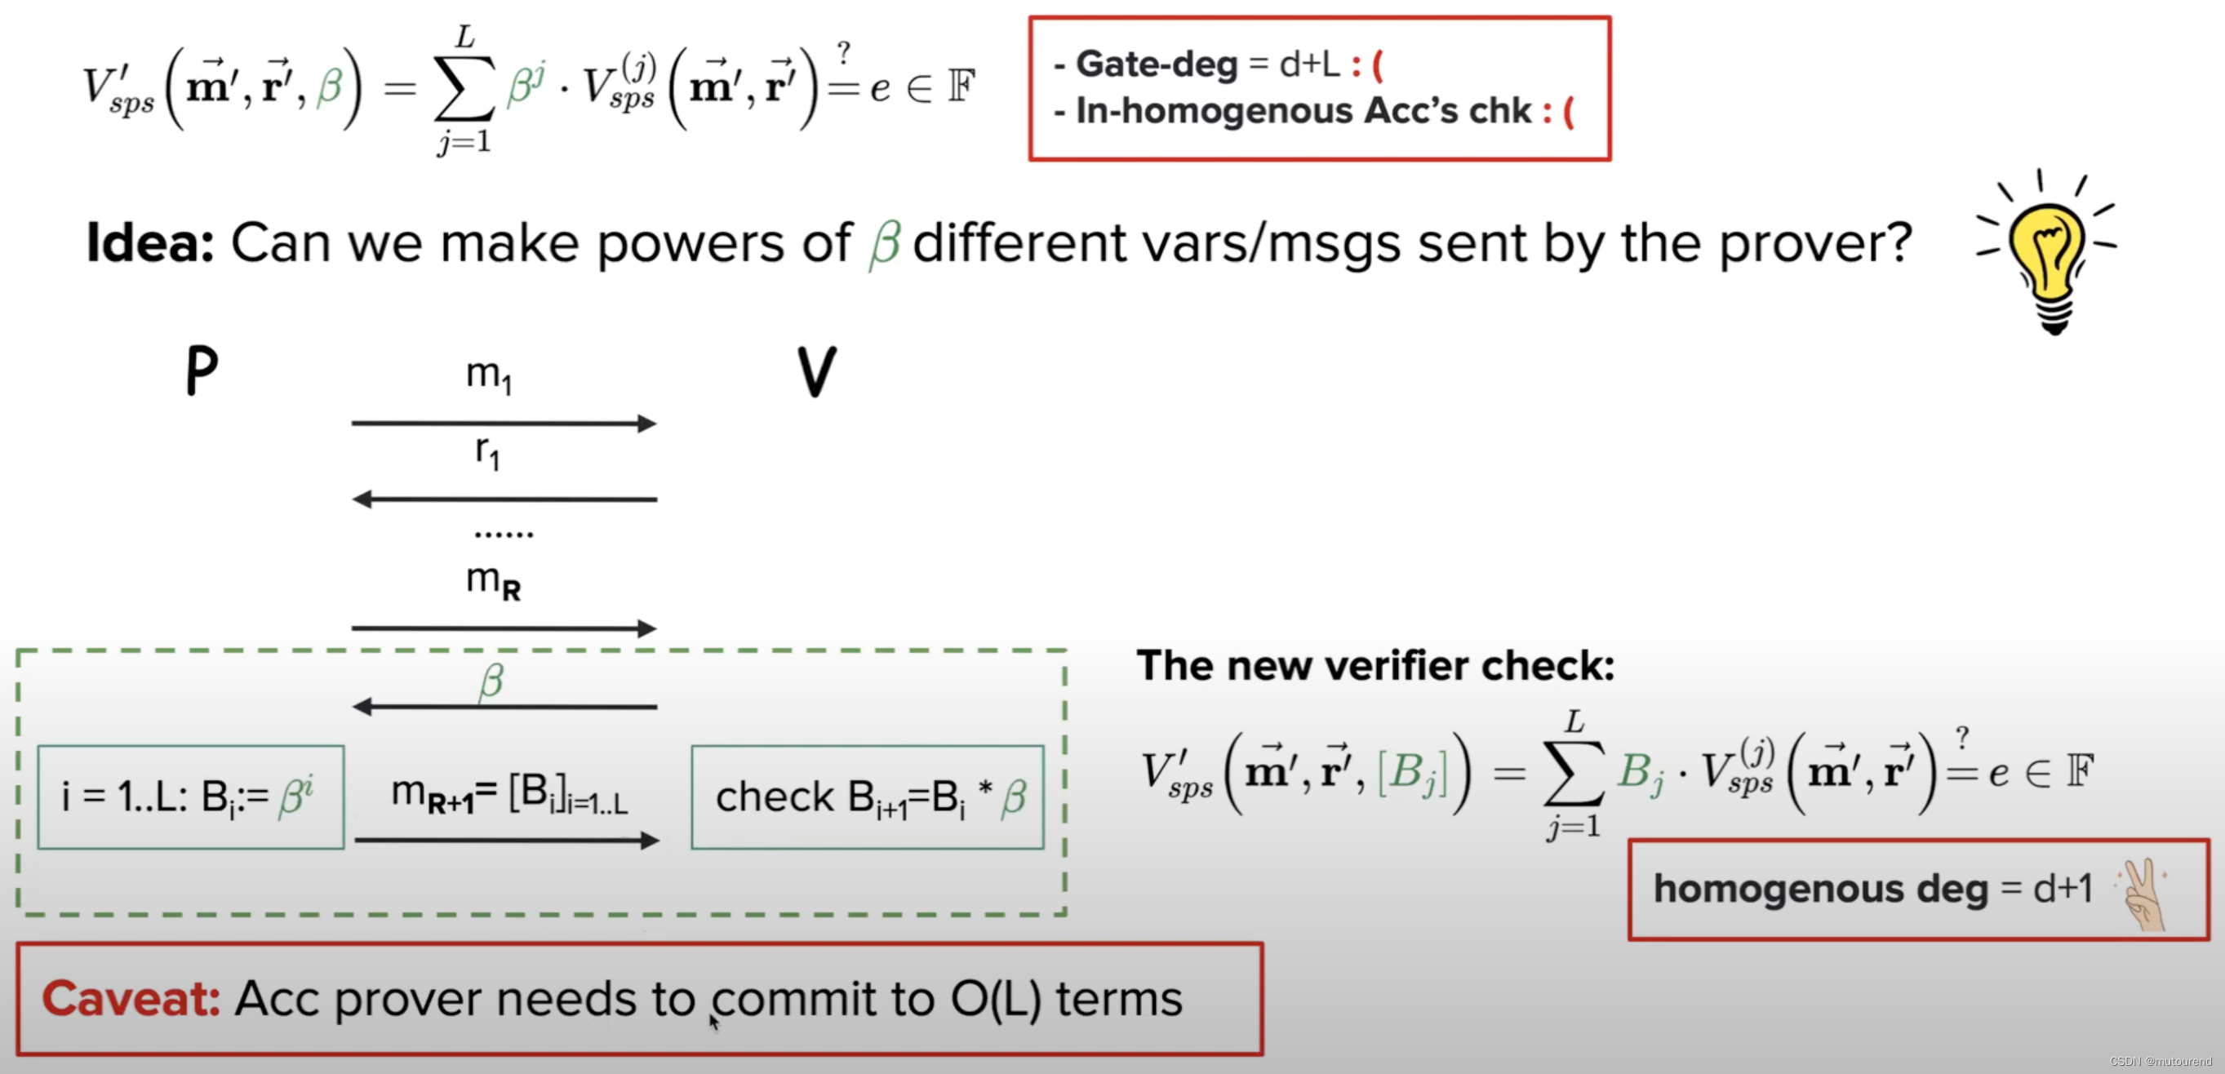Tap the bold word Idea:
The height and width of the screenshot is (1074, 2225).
pyautogui.click(x=149, y=243)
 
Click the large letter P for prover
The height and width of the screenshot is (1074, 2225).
pyautogui.click(x=202, y=371)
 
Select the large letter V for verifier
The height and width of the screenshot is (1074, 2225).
pyautogui.click(x=816, y=372)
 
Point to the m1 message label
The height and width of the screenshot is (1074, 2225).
pyautogui.click(x=489, y=375)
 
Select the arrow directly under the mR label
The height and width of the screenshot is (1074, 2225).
pyautogui.click(x=504, y=628)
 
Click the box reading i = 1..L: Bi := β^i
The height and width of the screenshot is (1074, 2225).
pyautogui.click(x=191, y=796)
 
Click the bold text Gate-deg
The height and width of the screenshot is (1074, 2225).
pyautogui.click(x=1157, y=64)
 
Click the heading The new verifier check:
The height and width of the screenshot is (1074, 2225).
pyautogui.click(x=1375, y=666)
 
